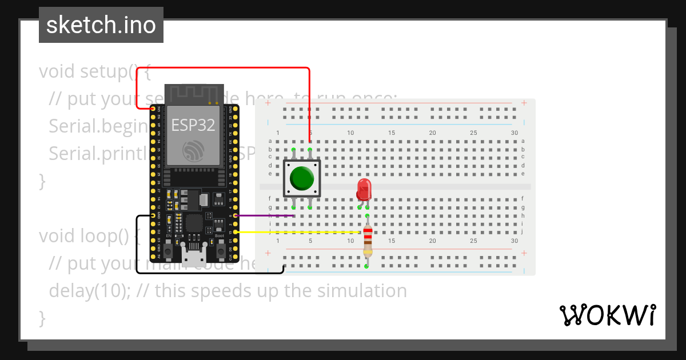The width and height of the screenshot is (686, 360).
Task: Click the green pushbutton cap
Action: click(x=301, y=178)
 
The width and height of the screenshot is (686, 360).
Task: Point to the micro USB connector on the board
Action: click(x=194, y=252)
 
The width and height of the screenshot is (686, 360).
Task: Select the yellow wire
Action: click(x=297, y=232)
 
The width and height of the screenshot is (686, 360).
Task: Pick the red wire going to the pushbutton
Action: click(x=229, y=68)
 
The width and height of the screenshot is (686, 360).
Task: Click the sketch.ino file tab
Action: click(x=101, y=25)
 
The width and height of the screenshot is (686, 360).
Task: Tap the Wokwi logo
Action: click(x=607, y=315)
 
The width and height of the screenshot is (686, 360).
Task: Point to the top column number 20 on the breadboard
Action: click(x=433, y=133)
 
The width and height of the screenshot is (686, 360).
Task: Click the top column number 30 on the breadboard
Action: click(x=514, y=133)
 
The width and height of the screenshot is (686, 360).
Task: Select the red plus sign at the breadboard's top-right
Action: click(x=524, y=103)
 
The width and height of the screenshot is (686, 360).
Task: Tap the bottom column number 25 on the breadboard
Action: click(x=473, y=241)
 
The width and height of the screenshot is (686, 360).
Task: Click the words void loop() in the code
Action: click(x=86, y=236)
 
